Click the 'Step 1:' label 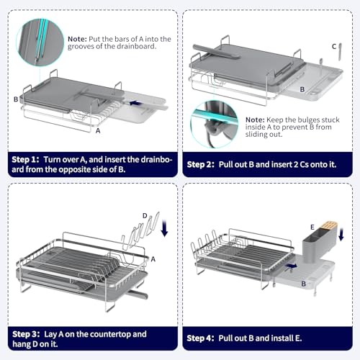point(25,160)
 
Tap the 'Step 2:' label point(200,164)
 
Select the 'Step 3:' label point(26,334)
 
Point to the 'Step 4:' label point(200,338)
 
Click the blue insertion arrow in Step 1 point(135,103)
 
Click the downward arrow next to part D point(164,228)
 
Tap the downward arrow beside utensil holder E point(341,234)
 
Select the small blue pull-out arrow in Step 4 point(291,266)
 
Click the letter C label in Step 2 point(334,46)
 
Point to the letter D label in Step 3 point(145,215)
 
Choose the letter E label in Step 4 point(312,227)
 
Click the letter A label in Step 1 point(98,130)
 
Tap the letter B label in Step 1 point(16,99)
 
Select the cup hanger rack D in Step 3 point(140,230)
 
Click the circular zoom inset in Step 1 point(40,42)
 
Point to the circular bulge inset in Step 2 point(215,124)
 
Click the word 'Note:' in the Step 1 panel point(77,39)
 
